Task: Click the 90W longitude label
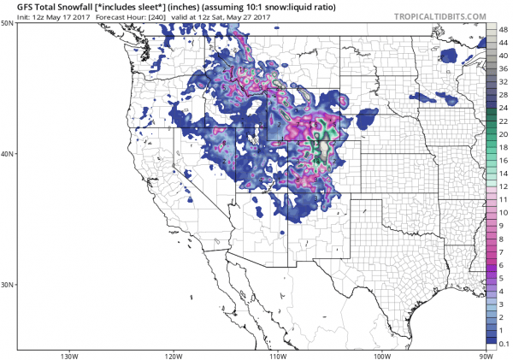(x=486, y=355)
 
